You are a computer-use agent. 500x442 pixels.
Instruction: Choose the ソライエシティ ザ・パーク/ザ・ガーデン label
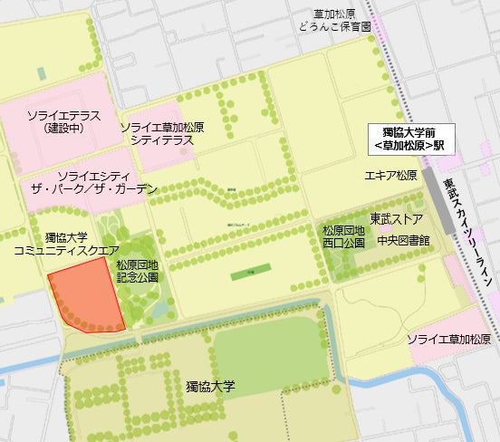pyautogui.click(x=107, y=181)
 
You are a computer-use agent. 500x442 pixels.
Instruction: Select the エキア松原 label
pyautogui.click(x=390, y=175)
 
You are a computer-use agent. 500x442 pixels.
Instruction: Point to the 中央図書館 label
pyautogui.click(x=403, y=240)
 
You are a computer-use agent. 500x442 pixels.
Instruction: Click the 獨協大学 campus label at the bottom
pyautogui.click(x=210, y=386)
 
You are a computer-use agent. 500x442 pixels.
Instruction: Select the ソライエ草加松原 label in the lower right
pyautogui.click(x=447, y=339)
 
